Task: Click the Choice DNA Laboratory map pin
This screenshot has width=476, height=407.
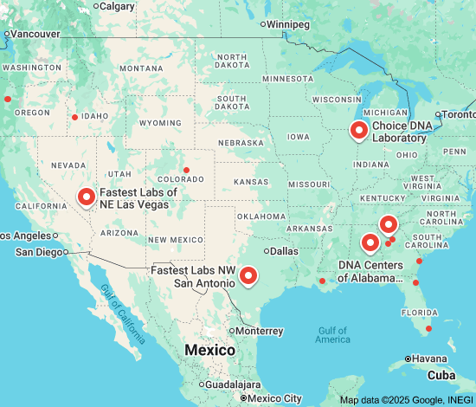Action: pos(359,131)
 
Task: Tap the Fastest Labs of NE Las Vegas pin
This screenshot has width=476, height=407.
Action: pos(87,197)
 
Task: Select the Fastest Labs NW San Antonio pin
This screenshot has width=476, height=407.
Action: pos(248,275)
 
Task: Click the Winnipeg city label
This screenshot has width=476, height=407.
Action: pos(289,23)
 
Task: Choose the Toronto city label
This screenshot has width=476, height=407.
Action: pos(458,114)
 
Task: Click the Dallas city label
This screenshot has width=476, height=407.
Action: pos(282,251)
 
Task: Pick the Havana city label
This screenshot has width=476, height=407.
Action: pos(429,359)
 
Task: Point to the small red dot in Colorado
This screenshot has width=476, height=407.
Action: pos(186,169)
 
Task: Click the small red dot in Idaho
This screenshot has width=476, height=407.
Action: pos(74,117)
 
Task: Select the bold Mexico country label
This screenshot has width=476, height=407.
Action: pos(209,350)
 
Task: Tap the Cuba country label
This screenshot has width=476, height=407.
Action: pos(442,375)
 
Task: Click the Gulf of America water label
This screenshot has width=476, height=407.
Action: pos(333,334)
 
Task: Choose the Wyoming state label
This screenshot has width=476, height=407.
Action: pos(158,123)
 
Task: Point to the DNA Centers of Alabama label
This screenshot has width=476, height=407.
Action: pos(370,271)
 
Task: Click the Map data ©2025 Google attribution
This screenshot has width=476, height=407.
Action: pos(407,400)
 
